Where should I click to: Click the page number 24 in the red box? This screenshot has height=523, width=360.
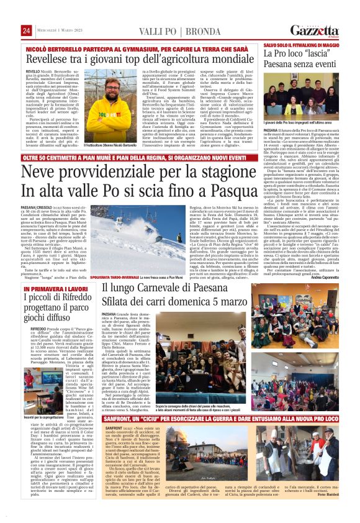click(26, 31)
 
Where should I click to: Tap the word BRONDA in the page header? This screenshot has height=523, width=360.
click(181, 31)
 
